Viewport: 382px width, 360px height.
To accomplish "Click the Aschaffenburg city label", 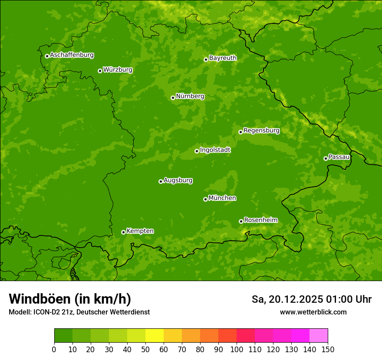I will (72, 55).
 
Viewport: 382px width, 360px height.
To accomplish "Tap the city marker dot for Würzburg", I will (100, 71).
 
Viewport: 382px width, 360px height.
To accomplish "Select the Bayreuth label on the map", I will (223, 58).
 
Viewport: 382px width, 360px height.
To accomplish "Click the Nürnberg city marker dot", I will (173, 98).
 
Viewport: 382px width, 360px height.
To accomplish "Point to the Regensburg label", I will (261, 131).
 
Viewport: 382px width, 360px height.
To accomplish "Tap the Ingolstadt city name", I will (215, 150).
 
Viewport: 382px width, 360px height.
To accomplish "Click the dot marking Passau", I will (326, 158).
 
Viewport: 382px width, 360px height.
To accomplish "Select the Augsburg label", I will (178, 180).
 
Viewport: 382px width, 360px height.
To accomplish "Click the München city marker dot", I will (205, 199).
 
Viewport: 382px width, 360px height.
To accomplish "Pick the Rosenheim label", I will (260, 220).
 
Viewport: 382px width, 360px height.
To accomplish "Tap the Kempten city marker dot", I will (123, 232).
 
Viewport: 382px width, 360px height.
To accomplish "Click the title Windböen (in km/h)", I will (70, 299).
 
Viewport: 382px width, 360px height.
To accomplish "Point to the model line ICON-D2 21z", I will (79, 312).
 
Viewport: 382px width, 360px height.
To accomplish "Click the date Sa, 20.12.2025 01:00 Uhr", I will (311, 299).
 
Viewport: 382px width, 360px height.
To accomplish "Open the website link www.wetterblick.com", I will (313, 312).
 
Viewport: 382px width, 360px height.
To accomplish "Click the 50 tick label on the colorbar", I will (145, 349).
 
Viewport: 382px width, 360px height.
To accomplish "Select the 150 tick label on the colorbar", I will (328, 349).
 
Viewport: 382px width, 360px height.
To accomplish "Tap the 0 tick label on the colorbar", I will (54, 349).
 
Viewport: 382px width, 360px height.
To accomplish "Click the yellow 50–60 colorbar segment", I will (155, 336).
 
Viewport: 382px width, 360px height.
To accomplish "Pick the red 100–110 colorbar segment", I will (246, 336).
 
